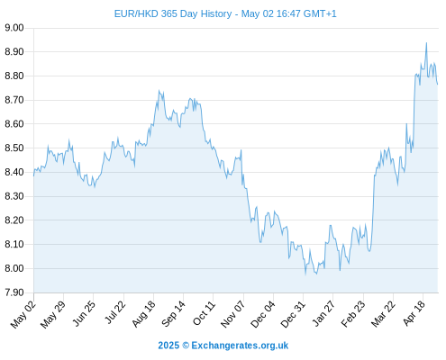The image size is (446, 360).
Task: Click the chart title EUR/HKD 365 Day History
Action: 173,14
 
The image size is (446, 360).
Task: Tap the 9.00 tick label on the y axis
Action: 14,28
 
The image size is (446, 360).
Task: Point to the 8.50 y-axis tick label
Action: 14,148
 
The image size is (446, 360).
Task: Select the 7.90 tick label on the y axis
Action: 14,292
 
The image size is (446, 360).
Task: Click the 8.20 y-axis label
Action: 14,220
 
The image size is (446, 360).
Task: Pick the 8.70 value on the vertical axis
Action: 14,100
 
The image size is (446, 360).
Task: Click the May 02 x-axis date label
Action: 23,314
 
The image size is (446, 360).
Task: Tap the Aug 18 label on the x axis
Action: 144,313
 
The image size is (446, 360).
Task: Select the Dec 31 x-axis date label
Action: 293,314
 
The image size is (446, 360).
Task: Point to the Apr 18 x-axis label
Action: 414,313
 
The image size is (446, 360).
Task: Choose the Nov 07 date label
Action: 233,314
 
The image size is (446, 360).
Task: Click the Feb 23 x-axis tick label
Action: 353,313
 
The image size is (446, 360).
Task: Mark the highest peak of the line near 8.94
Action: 426,43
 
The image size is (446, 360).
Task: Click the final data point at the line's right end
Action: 438,85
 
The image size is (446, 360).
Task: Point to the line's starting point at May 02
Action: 33,175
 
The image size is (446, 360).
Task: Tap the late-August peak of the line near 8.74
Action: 159,90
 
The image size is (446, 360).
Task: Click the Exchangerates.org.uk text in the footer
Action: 240,346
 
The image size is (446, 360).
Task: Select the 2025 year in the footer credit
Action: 168,346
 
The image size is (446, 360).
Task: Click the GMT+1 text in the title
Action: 320,14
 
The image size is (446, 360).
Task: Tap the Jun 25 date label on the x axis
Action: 85,313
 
